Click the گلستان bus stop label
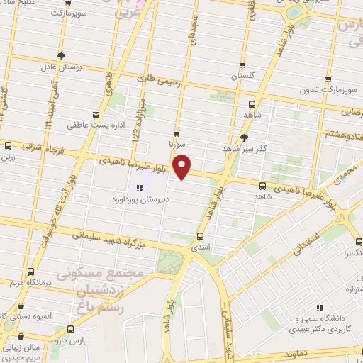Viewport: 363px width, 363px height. coord(243,74)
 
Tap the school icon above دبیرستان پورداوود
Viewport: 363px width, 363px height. coord(139,188)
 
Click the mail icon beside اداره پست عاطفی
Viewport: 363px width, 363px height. coord(96,114)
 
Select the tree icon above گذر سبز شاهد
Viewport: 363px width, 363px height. coord(245,138)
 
